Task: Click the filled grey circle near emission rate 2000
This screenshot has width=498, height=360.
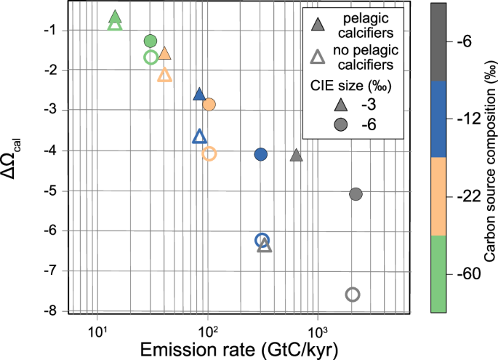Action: [356, 194]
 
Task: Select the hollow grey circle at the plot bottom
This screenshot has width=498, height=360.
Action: [353, 295]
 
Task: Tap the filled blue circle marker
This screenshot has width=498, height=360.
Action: [261, 154]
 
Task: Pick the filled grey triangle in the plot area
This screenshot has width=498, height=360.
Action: [296, 156]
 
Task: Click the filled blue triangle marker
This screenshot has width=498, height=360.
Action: [200, 95]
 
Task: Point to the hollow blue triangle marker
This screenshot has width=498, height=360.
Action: [200, 137]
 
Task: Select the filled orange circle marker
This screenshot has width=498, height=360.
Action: [209, 105]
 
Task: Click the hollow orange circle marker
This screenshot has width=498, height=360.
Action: [209, 153]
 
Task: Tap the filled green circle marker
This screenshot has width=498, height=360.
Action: [150, 41]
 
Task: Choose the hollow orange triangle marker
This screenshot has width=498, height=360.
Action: [164, 76]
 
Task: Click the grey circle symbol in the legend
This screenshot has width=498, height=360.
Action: [317, 125]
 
